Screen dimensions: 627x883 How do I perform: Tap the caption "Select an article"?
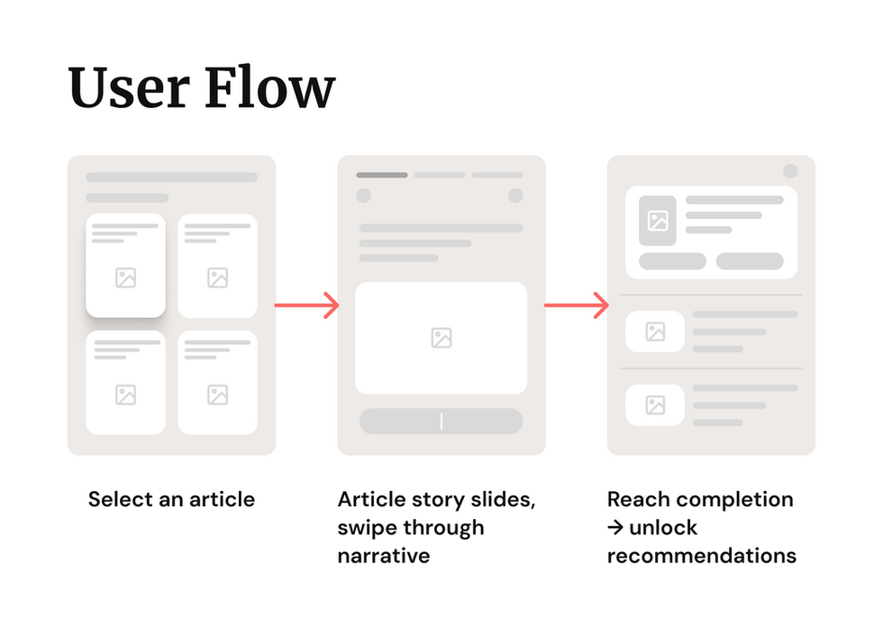point(171,499)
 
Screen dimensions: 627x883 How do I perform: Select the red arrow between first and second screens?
point(306,305)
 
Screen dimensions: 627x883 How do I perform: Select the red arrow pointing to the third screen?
point(577,305)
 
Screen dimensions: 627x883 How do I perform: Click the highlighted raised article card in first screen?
point(125,265)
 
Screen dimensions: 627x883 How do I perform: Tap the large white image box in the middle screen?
point(441,338)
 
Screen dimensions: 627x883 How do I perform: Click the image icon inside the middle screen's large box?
point(441,338)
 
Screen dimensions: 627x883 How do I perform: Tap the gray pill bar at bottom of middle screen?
point(441,421)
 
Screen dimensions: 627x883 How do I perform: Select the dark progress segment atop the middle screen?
point(381,175)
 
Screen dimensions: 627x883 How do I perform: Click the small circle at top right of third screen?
point(790,171)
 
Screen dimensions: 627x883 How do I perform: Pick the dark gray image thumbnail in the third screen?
point(658,221)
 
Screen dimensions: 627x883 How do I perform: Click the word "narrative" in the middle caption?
point(384,555)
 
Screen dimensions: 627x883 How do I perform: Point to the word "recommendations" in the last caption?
point(702,555)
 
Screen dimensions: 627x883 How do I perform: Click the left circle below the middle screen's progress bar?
point(363,195)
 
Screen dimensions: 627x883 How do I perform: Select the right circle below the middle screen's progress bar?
point(515,195)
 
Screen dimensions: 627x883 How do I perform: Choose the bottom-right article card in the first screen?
point(217,382)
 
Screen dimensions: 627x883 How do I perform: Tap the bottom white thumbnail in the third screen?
point(655,404)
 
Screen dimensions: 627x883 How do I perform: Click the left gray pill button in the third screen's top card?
point(672,261)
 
